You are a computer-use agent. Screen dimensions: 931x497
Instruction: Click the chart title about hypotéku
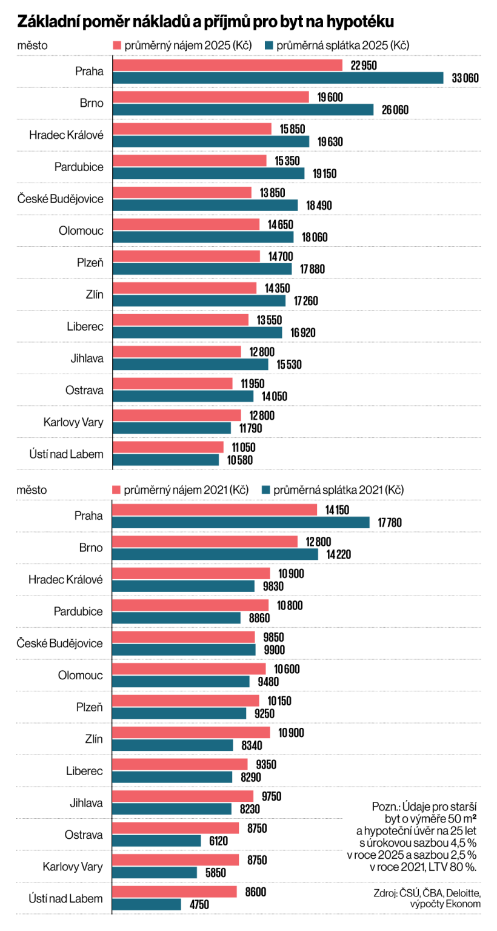tap(206, 22)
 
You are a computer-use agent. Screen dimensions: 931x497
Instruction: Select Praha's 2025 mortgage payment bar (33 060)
tap(279, 78)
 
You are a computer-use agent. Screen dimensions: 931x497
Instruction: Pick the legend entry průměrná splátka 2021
tap(333, 489)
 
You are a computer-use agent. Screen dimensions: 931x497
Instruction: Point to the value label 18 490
tap(319, 206)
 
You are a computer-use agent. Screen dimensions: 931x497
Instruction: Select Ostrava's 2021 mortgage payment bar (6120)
tap(157, 841)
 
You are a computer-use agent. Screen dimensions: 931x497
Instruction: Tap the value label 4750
tap(199, 904)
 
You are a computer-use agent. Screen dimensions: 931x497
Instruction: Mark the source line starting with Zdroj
tap(427, 898)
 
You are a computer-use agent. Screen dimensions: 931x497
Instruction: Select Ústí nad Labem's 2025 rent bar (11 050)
tap(168, 447)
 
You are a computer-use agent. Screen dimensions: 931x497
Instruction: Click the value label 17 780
tap(389, 522)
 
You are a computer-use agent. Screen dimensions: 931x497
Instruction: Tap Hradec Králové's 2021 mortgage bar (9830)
tap(184, 586)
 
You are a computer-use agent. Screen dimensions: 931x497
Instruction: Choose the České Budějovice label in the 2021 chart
tap(60, 643)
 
